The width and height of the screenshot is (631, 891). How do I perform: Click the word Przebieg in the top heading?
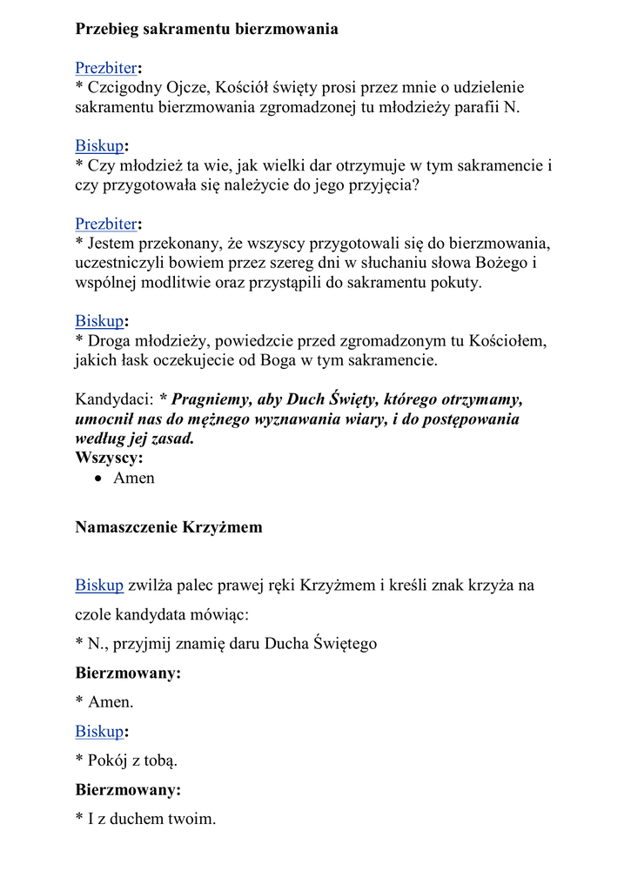108,30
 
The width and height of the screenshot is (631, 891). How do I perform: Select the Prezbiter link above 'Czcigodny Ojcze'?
105,68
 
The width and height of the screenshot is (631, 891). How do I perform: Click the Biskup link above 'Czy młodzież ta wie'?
99,145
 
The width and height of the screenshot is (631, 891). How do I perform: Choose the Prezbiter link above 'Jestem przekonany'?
105,224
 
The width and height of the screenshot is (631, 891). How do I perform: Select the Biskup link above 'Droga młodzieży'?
99,321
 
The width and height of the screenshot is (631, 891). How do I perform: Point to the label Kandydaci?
114,400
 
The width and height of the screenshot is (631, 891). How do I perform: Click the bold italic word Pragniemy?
208,400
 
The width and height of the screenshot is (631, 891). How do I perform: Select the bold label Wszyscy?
110,458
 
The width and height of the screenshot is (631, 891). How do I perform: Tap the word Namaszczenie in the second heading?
125,527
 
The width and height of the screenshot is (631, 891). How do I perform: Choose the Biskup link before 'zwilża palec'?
99,586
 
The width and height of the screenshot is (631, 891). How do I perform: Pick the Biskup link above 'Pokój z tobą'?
99,731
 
